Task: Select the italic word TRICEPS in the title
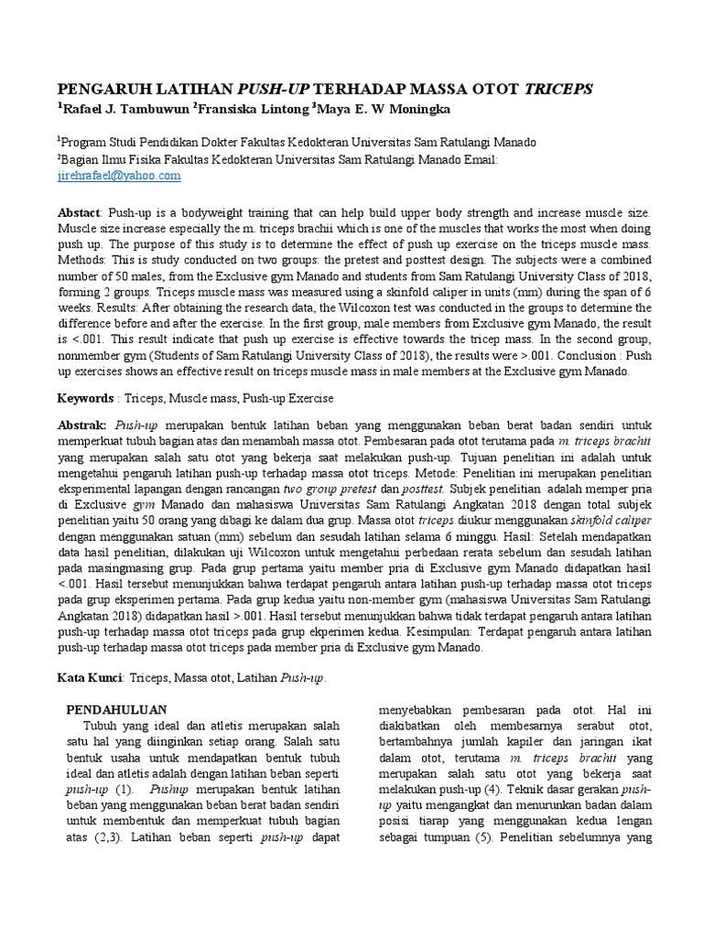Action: pyautogui.click(x=559, y=89)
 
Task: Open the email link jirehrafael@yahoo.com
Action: pyautogui.click(x=119, y=176)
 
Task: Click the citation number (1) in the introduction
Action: pyautogui.click(x=125, y=787)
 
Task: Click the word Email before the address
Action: pyautogui.click(x=481, y=159)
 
